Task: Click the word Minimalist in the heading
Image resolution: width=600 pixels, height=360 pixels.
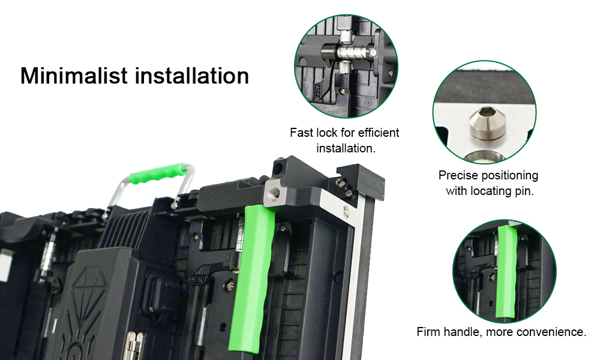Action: coord(73,76)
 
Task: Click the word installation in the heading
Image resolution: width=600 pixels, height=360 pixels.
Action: coord(192,76)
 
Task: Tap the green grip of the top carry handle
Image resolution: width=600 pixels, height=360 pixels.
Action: coord(157,173)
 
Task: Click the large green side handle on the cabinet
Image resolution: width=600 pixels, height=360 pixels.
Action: coord(253,277)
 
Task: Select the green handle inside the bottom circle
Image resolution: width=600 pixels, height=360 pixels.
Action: coord(505,272)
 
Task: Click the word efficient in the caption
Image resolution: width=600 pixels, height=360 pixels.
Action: coord(379,133)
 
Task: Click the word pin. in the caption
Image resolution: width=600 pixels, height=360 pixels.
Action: coord(524,191)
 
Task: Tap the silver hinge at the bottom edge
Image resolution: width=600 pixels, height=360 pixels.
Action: coord(134,346)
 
